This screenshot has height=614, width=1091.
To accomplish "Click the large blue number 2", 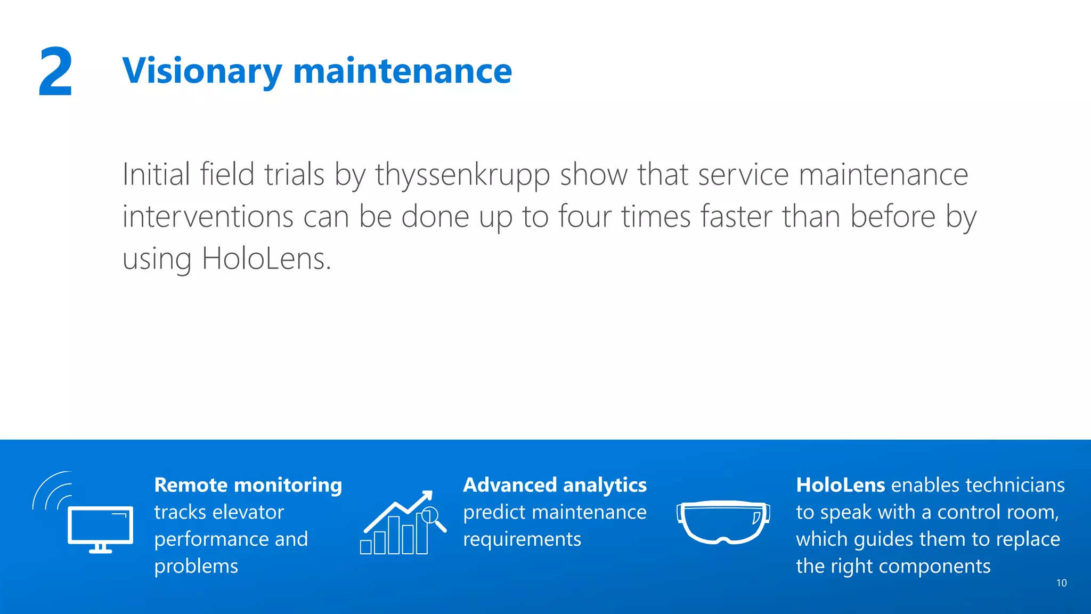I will click(x=55, y=72).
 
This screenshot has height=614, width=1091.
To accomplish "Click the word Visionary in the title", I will click(x=202, y=71).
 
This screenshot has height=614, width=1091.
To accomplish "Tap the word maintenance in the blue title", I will click(x=402, y=71).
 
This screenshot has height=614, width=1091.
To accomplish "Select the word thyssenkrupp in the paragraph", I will click(x=462, y=175).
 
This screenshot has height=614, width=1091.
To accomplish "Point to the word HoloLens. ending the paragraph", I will click(x=266, y=259).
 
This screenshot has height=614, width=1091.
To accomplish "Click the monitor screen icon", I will click(x=100, y=526).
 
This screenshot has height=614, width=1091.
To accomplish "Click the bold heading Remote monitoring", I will click(x=248, y=485).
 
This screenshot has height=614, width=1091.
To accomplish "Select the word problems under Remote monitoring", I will click(x=196, y=566).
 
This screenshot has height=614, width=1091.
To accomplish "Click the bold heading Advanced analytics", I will click(x=555, y=485).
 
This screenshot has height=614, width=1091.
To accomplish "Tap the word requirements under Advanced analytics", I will click(x=522, y=539).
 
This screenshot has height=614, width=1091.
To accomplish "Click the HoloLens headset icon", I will click(x=723, y=522).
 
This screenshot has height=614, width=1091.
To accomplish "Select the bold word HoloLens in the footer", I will click(x=840, y=485).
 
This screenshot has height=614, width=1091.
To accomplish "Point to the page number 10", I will click(x=1061, y=583).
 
